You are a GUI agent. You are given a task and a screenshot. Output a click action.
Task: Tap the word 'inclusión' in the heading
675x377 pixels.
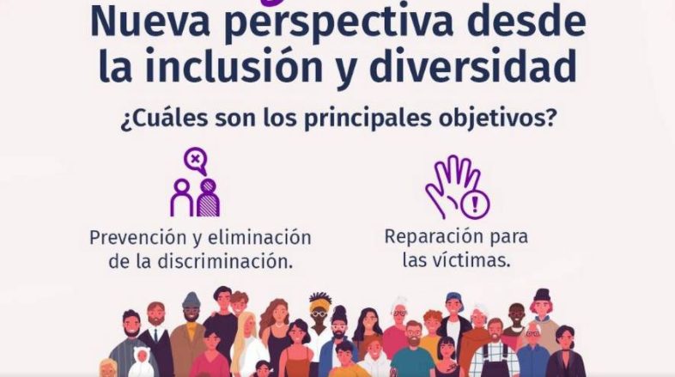[234, 66]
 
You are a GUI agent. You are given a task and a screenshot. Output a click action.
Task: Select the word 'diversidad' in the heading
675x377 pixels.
[472, 66]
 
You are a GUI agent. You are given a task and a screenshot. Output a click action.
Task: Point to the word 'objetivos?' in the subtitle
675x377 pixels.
[495, 119]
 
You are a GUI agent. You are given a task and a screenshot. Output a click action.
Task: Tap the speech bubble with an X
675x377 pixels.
[196, 160]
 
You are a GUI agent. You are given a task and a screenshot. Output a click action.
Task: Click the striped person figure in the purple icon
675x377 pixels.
[209, 198]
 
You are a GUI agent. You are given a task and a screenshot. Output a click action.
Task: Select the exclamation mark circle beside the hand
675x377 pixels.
[475, 204]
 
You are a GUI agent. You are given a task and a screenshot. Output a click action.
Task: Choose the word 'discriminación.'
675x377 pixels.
[225, 262]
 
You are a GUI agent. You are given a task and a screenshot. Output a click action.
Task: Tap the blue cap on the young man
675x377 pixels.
[453, 298]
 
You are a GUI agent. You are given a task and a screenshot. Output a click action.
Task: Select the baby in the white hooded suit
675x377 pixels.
[141, 362]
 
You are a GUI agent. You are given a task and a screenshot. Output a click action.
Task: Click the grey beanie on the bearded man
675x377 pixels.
[192, 300]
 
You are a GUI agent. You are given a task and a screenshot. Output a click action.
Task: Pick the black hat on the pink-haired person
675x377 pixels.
[542, 295]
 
